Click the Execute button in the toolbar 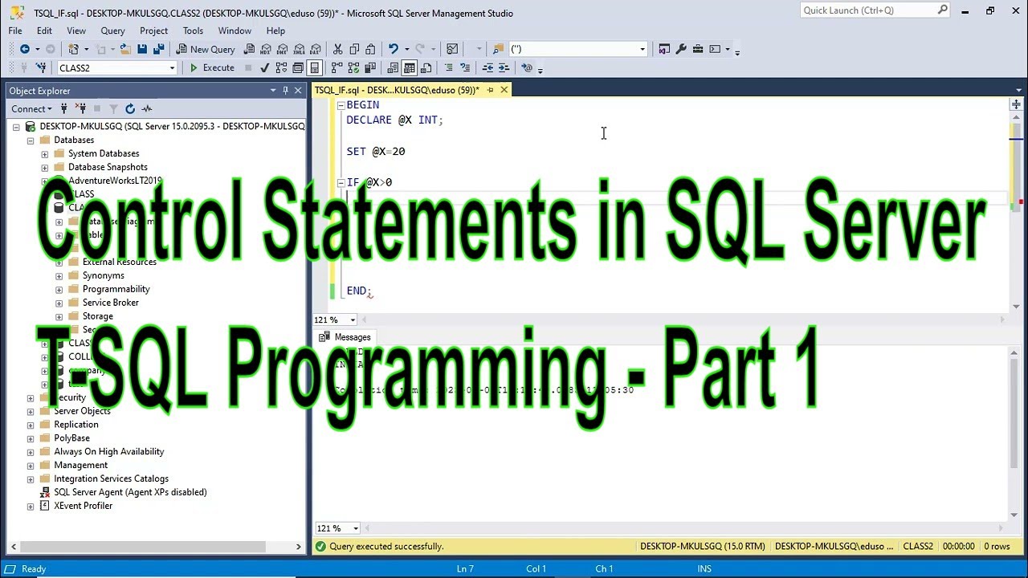point(211,68)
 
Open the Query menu point(112,31)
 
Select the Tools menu point(193,31)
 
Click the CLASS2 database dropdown point(116,68)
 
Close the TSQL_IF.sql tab point(504,90)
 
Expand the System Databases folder point(45,153)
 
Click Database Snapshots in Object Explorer point(108,167)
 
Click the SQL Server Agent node point(129,492)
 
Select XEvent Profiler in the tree point(83,506)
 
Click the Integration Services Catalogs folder point(111,478)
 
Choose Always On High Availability point(108,451)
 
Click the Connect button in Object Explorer point(28,108)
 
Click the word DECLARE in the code point(369,120)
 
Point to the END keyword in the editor point(357,291)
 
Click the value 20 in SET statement point(398,151)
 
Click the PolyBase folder point(71,438)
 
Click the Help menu point(275,31)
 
